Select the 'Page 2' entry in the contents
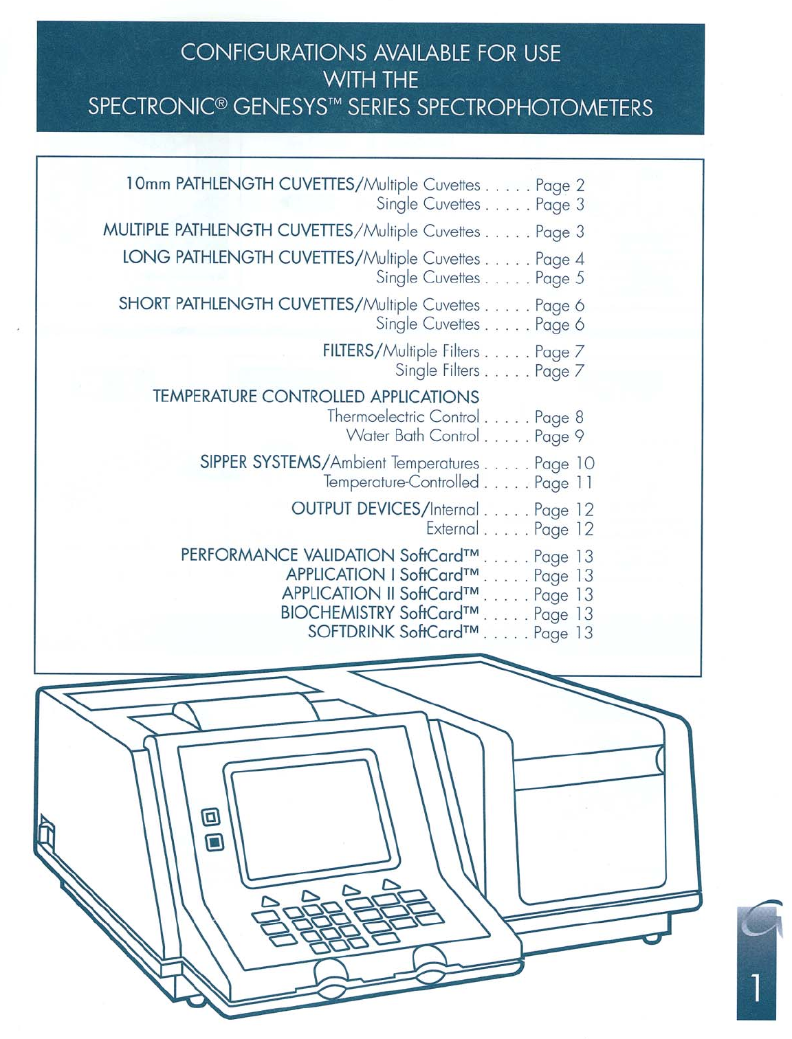[x=560, y=186]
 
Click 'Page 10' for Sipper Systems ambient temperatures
[x=564, y=464]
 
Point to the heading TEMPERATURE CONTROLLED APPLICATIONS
[x=316, y=396]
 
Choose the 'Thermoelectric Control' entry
[x=403, y=416]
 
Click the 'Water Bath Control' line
[x=412, y=436]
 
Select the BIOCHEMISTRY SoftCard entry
[x=379, y=613]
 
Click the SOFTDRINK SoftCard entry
[x=393, y=632]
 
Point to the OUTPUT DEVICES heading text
[x=355, y=509]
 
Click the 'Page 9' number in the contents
[x=559, y=436]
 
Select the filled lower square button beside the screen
[x=214, y=842]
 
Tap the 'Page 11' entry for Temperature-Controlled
[x=563, y=483]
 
